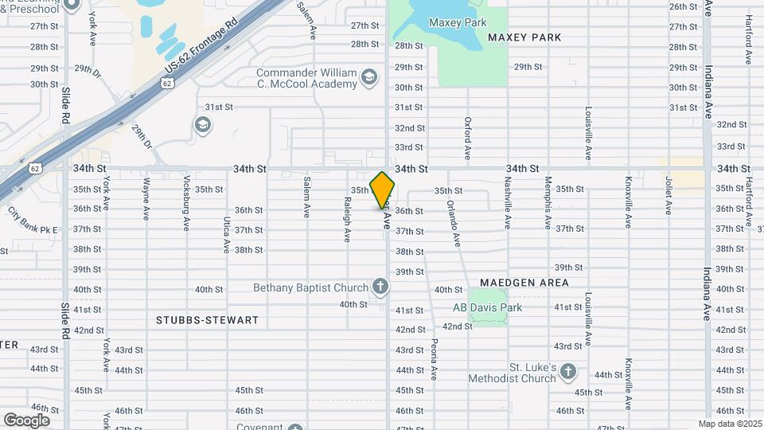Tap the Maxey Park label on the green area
[458, 22]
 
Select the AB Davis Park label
[487, 308]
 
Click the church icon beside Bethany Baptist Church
[380, 287]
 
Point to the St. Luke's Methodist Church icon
[567, 371]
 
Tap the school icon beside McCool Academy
[368, 77]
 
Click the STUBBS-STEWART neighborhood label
[207, 320]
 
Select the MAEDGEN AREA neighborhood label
[524, 283]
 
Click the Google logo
[26, 420]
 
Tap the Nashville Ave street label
[507, 198]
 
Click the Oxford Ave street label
[468, 138]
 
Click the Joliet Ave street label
[668, 196]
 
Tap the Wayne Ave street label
[146, 199]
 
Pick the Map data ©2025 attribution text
[730, 423]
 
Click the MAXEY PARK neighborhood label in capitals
[524, 37]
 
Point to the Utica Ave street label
[227, 235]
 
